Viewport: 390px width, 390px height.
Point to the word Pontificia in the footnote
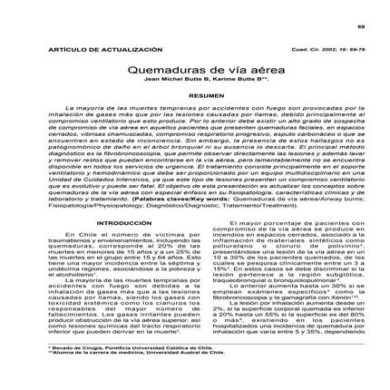point(112,370)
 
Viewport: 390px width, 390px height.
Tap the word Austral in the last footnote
point(157,376)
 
